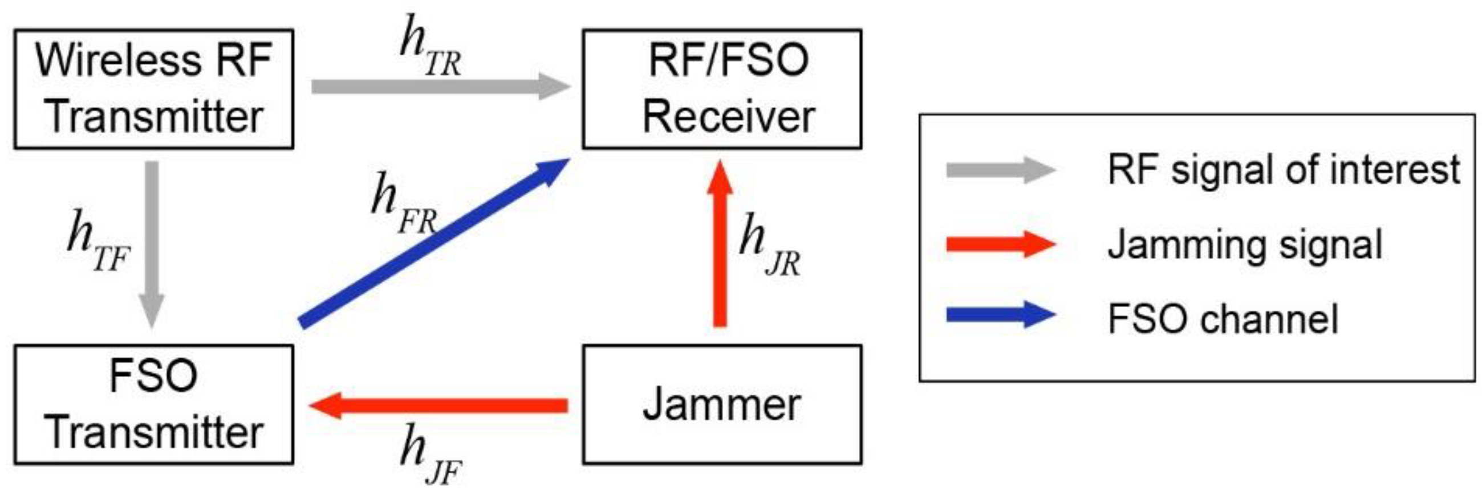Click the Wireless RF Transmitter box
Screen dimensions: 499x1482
coord(153,89)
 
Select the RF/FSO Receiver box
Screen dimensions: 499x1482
coord(722,89)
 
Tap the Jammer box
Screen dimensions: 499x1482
coord(722,404)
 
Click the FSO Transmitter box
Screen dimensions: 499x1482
coord(153,404)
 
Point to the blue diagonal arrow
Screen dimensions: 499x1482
coord(432,244)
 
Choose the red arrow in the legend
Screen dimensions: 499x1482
coord(1001,245)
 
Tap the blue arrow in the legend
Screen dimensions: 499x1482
coord(1001,314)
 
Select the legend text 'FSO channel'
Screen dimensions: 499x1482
coord(1223,318)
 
